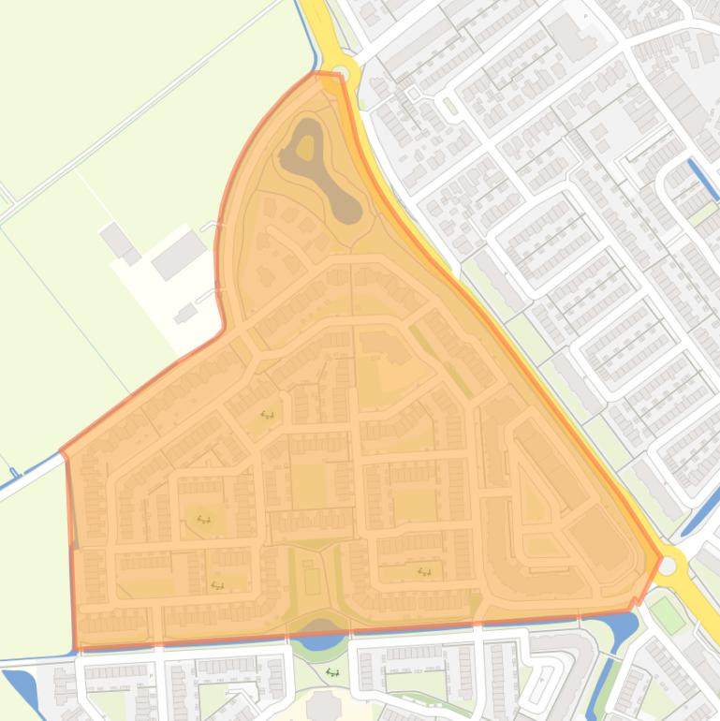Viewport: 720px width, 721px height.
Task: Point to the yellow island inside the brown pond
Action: click(x=305, y=145)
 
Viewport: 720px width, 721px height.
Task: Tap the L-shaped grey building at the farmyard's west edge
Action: click(x=120, y=243)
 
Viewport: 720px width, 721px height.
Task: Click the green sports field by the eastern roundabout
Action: click(x=668, y=615)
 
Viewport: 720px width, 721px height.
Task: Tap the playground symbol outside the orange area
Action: click(x=332, y=671)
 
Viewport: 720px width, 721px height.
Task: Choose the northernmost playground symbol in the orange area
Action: click(x=267, y=414)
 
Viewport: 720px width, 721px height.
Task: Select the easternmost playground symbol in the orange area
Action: click(x=424, y=570)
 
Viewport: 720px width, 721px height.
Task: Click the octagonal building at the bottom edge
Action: click(x=324, y=706)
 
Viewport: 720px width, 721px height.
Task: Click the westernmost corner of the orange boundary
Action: click(x=62, y=451)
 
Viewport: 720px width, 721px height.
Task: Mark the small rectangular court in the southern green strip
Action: click(x=313, y=581)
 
